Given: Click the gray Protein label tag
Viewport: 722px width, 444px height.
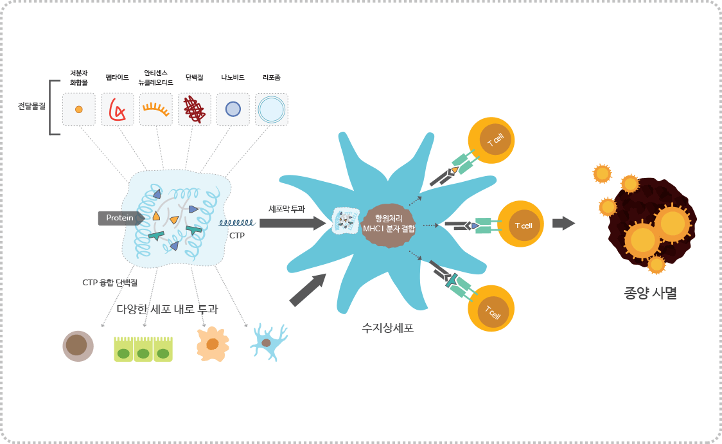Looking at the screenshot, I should point(119,218).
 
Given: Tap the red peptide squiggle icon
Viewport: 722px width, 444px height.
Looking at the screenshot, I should point(118,109).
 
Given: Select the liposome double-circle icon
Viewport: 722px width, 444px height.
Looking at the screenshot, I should point(271,109).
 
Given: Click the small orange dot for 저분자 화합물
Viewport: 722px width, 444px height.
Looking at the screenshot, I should point(79,109).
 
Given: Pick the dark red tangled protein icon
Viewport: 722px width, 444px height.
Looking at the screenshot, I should point(195,109).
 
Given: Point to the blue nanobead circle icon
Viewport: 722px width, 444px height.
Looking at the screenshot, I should point(233,109).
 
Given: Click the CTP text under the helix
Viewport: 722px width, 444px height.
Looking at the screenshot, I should point(237,235).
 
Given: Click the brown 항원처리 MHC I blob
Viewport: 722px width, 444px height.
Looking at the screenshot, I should point(389,223).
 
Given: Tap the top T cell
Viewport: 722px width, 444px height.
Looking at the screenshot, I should point(493,140).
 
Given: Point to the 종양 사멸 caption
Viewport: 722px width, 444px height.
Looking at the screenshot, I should point(650,294).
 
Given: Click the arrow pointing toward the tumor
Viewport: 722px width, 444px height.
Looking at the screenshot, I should point(563,223).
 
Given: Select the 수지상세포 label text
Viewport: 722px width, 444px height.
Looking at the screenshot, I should point(387,328).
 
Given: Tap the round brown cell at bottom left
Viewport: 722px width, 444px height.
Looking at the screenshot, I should point(78,346).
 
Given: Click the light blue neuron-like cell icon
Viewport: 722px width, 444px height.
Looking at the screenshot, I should point(269,342).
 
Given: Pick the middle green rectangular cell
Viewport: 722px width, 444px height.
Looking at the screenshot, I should point(143,349).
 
